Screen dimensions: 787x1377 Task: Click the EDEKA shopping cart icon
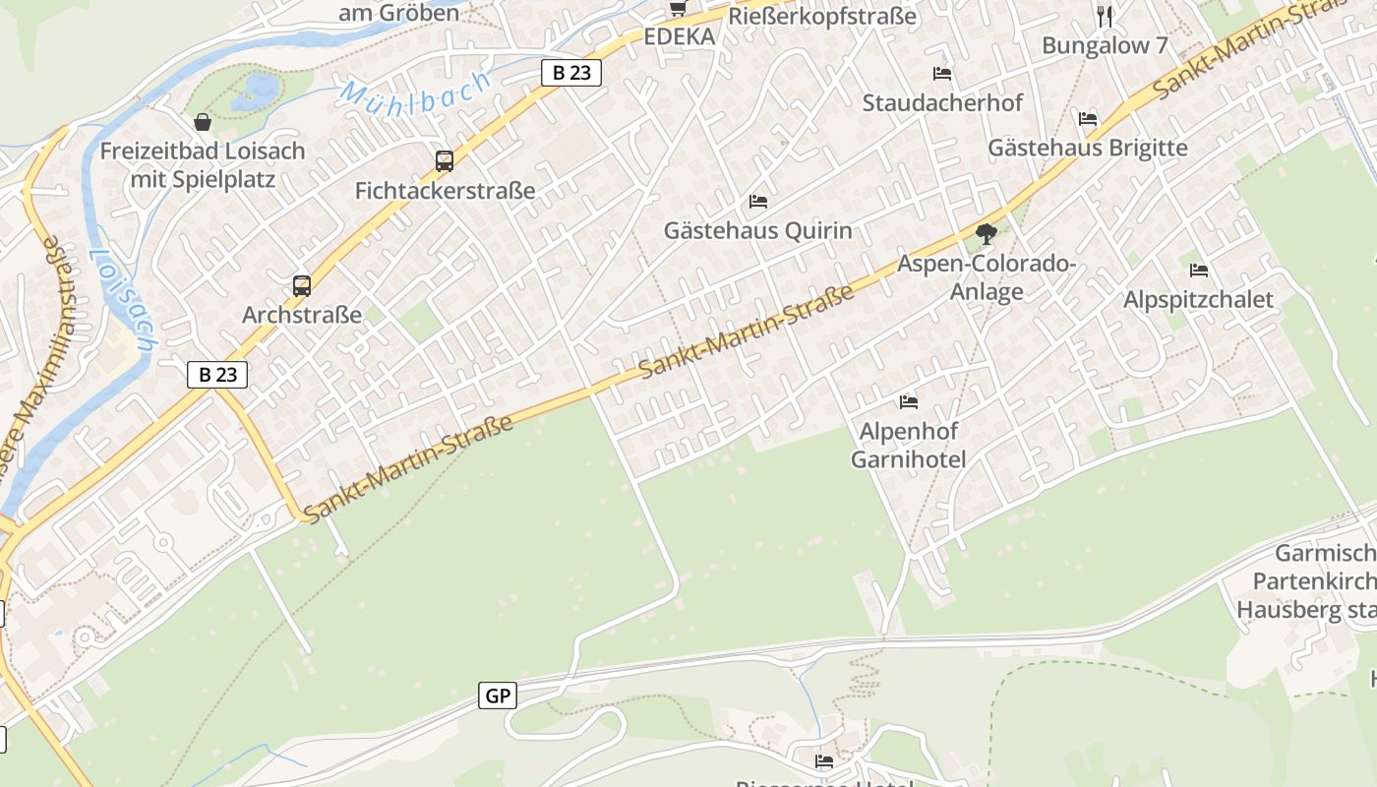tap(678, 8)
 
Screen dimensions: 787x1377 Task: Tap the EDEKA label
tap(679, 37)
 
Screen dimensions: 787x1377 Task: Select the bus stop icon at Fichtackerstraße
tap(445, 161)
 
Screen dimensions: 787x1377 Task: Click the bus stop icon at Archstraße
tap(302, 286)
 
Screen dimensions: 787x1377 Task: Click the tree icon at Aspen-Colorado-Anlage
tap(987, 234)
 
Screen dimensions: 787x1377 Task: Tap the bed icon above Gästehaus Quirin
tap(757, 202)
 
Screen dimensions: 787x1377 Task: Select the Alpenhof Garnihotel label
tap(908, 446)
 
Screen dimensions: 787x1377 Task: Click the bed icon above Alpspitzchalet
tap(1198, 270)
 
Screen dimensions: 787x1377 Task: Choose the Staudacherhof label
tap(942, 102)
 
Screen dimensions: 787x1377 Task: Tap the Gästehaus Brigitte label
tap(1087, 148)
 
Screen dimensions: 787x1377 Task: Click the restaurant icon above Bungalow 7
tap(1105, 16)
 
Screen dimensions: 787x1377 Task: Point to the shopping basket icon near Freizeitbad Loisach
tap(203, 122)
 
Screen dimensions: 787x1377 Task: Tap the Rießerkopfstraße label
tap(821, 16)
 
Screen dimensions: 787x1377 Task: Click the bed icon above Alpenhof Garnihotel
tap(908, 401)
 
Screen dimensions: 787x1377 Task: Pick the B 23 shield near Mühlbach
tap(570, 72)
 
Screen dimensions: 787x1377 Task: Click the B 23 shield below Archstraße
tap(217, 374)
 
